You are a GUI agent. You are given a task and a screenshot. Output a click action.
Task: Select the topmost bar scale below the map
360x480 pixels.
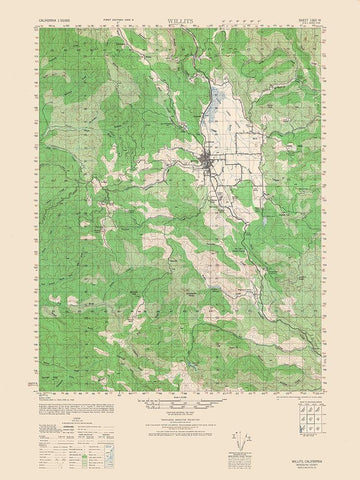180,402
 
